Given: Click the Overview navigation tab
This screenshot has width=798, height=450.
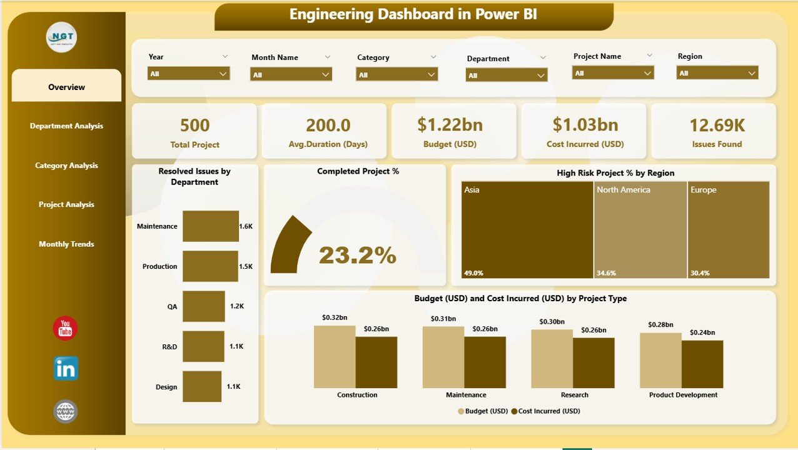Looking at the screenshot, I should (x=66, y=87).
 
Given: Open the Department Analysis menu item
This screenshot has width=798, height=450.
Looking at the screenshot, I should (x=66, y=126).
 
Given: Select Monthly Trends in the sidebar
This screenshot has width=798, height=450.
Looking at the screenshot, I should (x=66, y=244).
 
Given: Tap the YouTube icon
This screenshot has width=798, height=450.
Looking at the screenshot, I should (x=65, y=329).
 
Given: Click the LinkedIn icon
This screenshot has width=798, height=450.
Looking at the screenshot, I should (x=66, y=369).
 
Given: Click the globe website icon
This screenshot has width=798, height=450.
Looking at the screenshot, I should (x=66, y=411).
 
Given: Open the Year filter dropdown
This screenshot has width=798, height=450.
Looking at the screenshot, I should (x=189, y=74).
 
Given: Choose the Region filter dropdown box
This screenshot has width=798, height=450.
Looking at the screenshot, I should (x=717, y=73).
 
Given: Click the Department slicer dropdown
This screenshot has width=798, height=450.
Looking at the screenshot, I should (x=507, y=75).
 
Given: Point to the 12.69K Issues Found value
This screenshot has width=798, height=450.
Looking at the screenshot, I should (x=717, y=125).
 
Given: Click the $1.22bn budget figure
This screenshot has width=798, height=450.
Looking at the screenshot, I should (x=450, y=124).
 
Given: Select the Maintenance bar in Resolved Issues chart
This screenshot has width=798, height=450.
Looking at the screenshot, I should (x=210, y=226).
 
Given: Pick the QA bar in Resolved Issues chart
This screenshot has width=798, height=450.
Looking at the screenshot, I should (x=203, y=306).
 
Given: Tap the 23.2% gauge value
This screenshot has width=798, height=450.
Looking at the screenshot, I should (x=358, y=255).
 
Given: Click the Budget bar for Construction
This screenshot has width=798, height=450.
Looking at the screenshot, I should (x=335, y=356).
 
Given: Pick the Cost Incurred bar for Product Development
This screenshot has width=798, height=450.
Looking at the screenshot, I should (x=702, y=364).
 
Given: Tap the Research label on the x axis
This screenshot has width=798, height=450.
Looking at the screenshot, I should (x=574, y=395).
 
